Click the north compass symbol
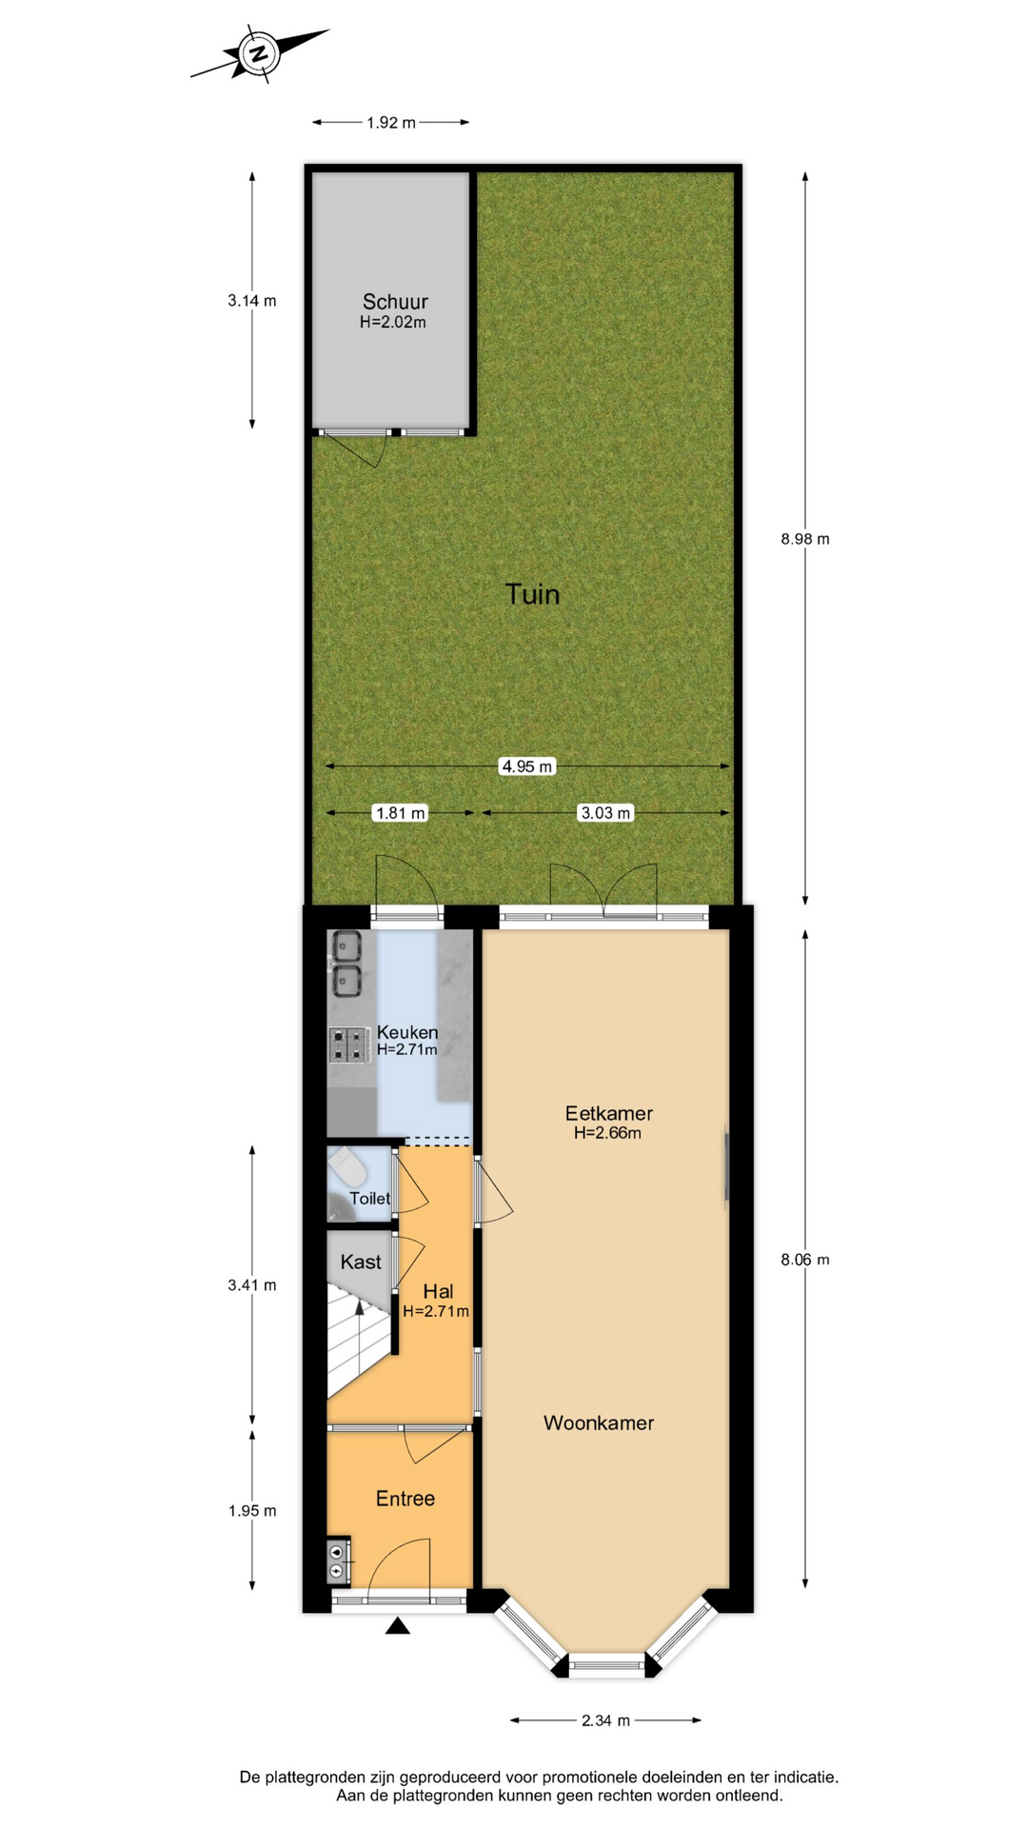pos(258,53)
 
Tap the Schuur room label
pos(395,302)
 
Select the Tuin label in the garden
pos(532,594)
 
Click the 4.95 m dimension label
pos(526,766)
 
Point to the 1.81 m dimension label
pos(401,813)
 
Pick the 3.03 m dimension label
pos(605,813)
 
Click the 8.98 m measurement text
pos(805,539)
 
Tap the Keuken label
pos(407,1032)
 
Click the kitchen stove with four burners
pos(349,1045)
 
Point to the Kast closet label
pos(361,1262)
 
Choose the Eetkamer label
pos(608,1113)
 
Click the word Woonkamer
pos(599,1423)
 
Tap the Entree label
pos(405,1499)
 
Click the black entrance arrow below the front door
pos(398,1625)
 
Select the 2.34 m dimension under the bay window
pos(605,1720)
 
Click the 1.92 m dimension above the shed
pos(391,123)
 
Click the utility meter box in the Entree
pos(338,1560)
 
